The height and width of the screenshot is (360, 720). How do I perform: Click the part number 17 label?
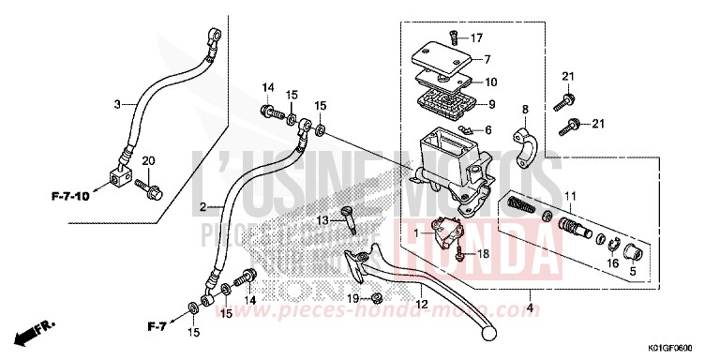pyautogui.click(x=477, y=38)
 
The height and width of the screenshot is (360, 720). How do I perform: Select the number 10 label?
pyautogui.click(x=492, y=82)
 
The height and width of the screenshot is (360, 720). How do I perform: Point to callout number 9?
pyautogui.click(x=490, y=104)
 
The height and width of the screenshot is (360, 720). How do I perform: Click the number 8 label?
pyautogui.click(x=526, y=110)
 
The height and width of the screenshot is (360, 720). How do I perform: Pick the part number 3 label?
pyautogui.click(x=118, y=104)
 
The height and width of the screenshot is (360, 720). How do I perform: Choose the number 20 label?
pyautogui.click(x=147, y=162)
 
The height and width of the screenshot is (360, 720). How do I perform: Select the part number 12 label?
pyautogui.click(x=422, y=305)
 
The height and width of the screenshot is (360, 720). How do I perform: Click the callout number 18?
pyautogui.click(x=485, y=253)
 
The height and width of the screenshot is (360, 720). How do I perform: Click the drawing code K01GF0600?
pyautogui.click(x=680, y=346)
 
